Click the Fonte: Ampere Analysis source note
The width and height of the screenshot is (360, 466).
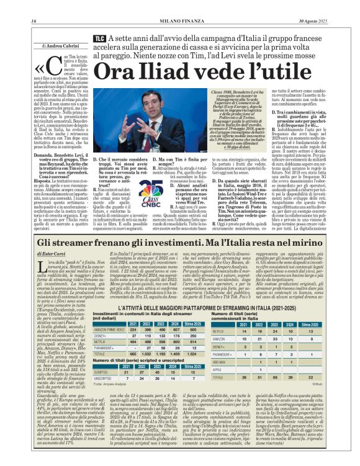111,385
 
